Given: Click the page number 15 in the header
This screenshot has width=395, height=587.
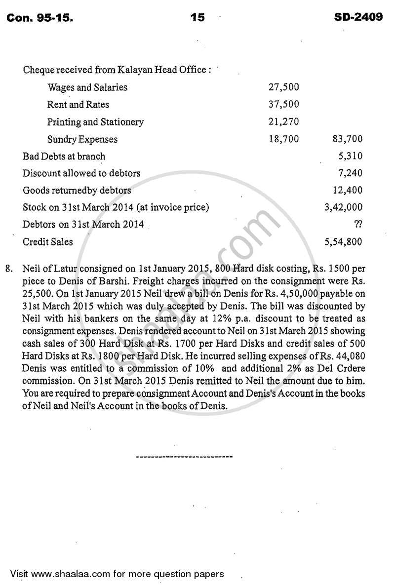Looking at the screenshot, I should click(x=197, y=18).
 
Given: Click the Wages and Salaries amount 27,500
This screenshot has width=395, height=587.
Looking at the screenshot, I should click(x=283, y=87).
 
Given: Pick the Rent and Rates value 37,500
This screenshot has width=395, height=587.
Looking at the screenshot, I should click(x=283, y=105).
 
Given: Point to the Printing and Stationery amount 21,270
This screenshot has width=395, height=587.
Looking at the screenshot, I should click(x=283, y=122).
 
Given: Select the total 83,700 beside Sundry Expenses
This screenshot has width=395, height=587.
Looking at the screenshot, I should click(x=347, y=139).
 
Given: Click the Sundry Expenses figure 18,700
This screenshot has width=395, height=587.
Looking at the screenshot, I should click(x=283, y=139).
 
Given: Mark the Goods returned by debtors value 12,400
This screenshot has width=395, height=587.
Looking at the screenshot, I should click(x=348, y=190).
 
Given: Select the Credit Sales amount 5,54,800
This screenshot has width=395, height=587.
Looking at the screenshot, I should click(x=343, y=242).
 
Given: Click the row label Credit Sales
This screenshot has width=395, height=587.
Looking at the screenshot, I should click(x=48, y=242).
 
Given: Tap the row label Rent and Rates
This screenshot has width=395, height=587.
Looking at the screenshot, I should click(x=78, y=105).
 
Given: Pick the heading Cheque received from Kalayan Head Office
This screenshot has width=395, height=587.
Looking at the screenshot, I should click(x=117, y=70).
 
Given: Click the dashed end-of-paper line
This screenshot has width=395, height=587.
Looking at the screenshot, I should click(x=184, y=457).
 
